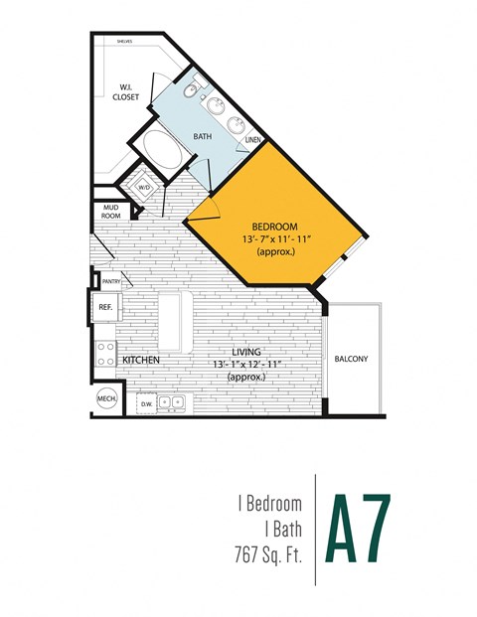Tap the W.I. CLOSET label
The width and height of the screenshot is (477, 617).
point(126,90)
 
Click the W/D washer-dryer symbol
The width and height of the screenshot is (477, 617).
point(143,187)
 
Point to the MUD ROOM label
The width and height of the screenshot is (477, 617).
point(110,212)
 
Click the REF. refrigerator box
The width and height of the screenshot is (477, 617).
point(105,308)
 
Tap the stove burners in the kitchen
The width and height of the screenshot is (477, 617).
point(104,353)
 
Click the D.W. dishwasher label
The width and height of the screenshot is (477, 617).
point(146,403)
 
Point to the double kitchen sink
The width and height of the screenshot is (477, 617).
point(173,402)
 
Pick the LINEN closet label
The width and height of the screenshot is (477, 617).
point(253,140)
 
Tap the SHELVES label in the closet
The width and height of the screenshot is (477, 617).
point(124,42)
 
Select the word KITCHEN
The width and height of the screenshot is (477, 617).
point(142,359)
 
